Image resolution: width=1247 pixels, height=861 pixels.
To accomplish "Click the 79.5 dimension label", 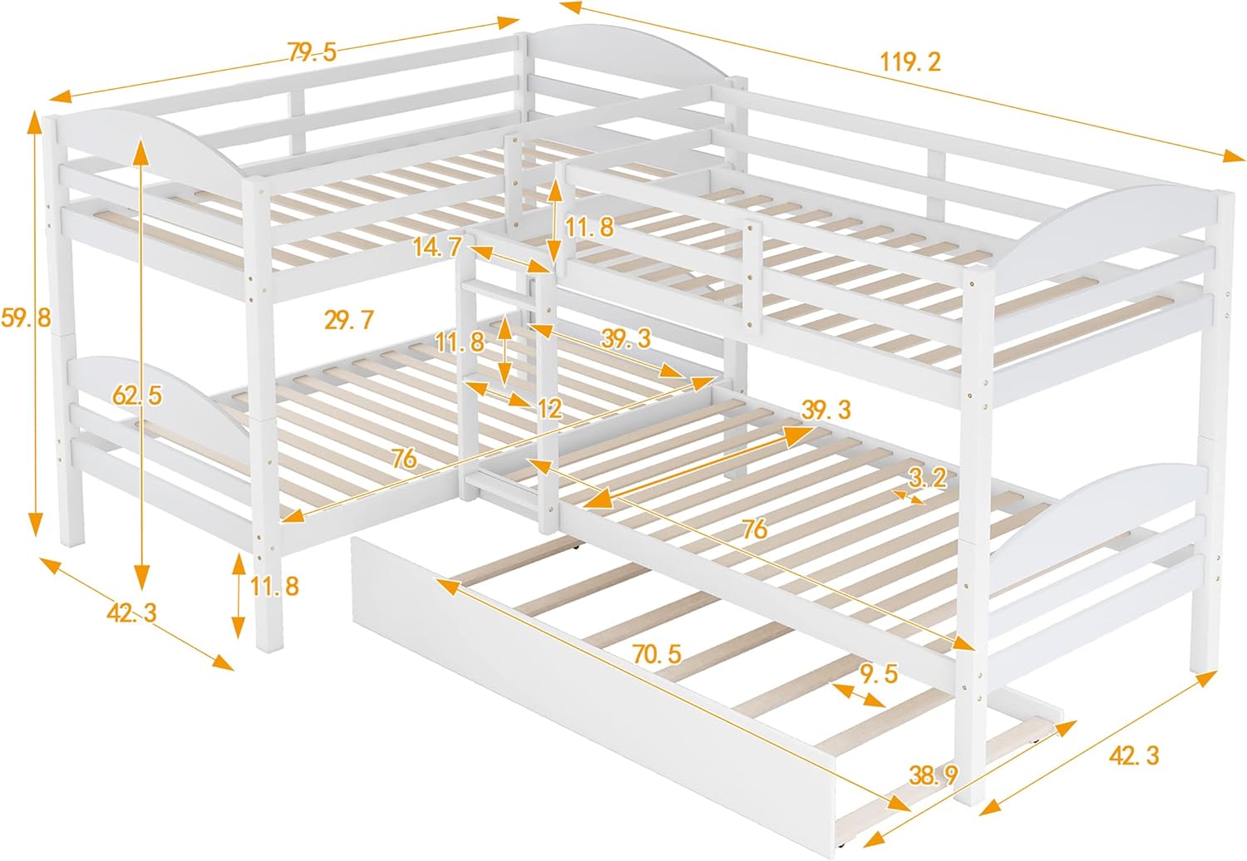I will click(x=312, y=52).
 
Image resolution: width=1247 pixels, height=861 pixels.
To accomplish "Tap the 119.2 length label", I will click(x=910, y=61).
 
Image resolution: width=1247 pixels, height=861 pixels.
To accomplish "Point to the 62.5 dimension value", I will click(x=137, y=396).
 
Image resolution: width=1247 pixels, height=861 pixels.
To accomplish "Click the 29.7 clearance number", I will click(x=349, y=319).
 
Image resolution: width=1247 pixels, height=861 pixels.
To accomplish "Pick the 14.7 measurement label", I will click(x=436, y=247).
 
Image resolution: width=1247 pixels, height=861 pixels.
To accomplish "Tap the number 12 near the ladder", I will click(x=550, y=407).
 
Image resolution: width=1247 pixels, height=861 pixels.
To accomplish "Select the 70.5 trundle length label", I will click(x=657, y=654).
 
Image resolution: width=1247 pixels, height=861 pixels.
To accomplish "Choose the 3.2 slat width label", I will click(x=927, y=477).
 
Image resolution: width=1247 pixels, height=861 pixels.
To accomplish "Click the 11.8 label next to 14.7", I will click(x=589, y=226).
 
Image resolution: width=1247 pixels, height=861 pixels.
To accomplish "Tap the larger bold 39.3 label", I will click(x=826, y=410).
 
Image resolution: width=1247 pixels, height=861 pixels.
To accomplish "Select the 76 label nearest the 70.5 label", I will click(x=755, y=529).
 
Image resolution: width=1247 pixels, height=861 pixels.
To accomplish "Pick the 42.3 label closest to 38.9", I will click(x=1133, y=755).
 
